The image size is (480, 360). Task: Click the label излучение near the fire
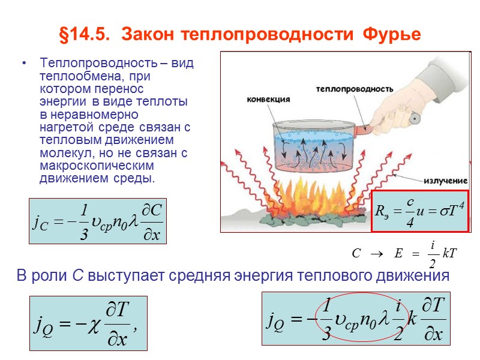click(x=447, y=181)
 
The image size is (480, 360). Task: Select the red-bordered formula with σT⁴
click(x=419, y=211)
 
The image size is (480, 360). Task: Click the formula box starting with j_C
click(x=98, y=221)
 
